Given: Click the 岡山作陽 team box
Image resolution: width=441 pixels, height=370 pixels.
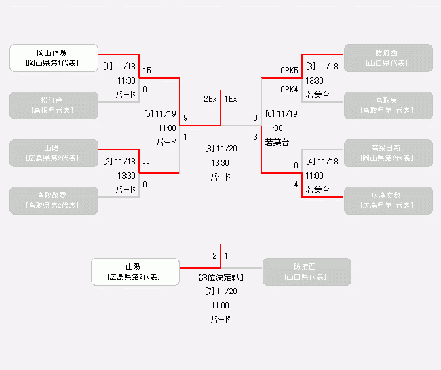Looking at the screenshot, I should point(54,58).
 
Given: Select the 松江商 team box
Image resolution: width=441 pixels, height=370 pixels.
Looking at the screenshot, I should point(54,105).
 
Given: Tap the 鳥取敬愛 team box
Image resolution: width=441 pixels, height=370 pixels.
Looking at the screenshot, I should point(54,200).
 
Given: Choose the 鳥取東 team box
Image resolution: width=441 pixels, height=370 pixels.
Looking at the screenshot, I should point(388,105).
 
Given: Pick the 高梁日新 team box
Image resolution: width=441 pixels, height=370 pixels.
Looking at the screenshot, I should point(388,153).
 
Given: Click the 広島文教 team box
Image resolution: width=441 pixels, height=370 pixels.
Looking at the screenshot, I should point(388,200).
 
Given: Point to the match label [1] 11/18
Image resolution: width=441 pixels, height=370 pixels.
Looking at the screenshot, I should point(119,67).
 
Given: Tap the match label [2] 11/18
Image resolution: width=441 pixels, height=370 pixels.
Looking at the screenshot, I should point(119,162).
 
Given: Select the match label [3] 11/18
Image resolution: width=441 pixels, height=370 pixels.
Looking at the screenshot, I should point(322,67).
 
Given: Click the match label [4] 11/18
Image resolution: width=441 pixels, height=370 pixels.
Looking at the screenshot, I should point(322,162).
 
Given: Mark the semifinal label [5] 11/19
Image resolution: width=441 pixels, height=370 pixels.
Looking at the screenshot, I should point(160,114).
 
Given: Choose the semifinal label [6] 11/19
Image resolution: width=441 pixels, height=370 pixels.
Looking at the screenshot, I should point(281,114).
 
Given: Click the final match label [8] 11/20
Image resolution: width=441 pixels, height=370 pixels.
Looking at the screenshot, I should point(220,148).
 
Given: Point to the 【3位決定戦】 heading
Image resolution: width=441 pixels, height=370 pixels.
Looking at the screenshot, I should point(220,278).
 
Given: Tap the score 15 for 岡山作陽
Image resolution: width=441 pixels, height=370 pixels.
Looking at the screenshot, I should point(147,71).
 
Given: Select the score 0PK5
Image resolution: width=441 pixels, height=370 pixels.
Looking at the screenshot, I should point(289,71).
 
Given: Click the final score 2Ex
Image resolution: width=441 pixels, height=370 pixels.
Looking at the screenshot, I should point(210,99).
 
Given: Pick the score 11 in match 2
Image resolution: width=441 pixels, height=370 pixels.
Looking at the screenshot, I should point(146,166).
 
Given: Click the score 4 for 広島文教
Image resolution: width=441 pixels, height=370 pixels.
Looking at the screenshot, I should point(296,185).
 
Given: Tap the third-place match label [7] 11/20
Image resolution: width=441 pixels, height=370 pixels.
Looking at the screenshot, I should point(220,291).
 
